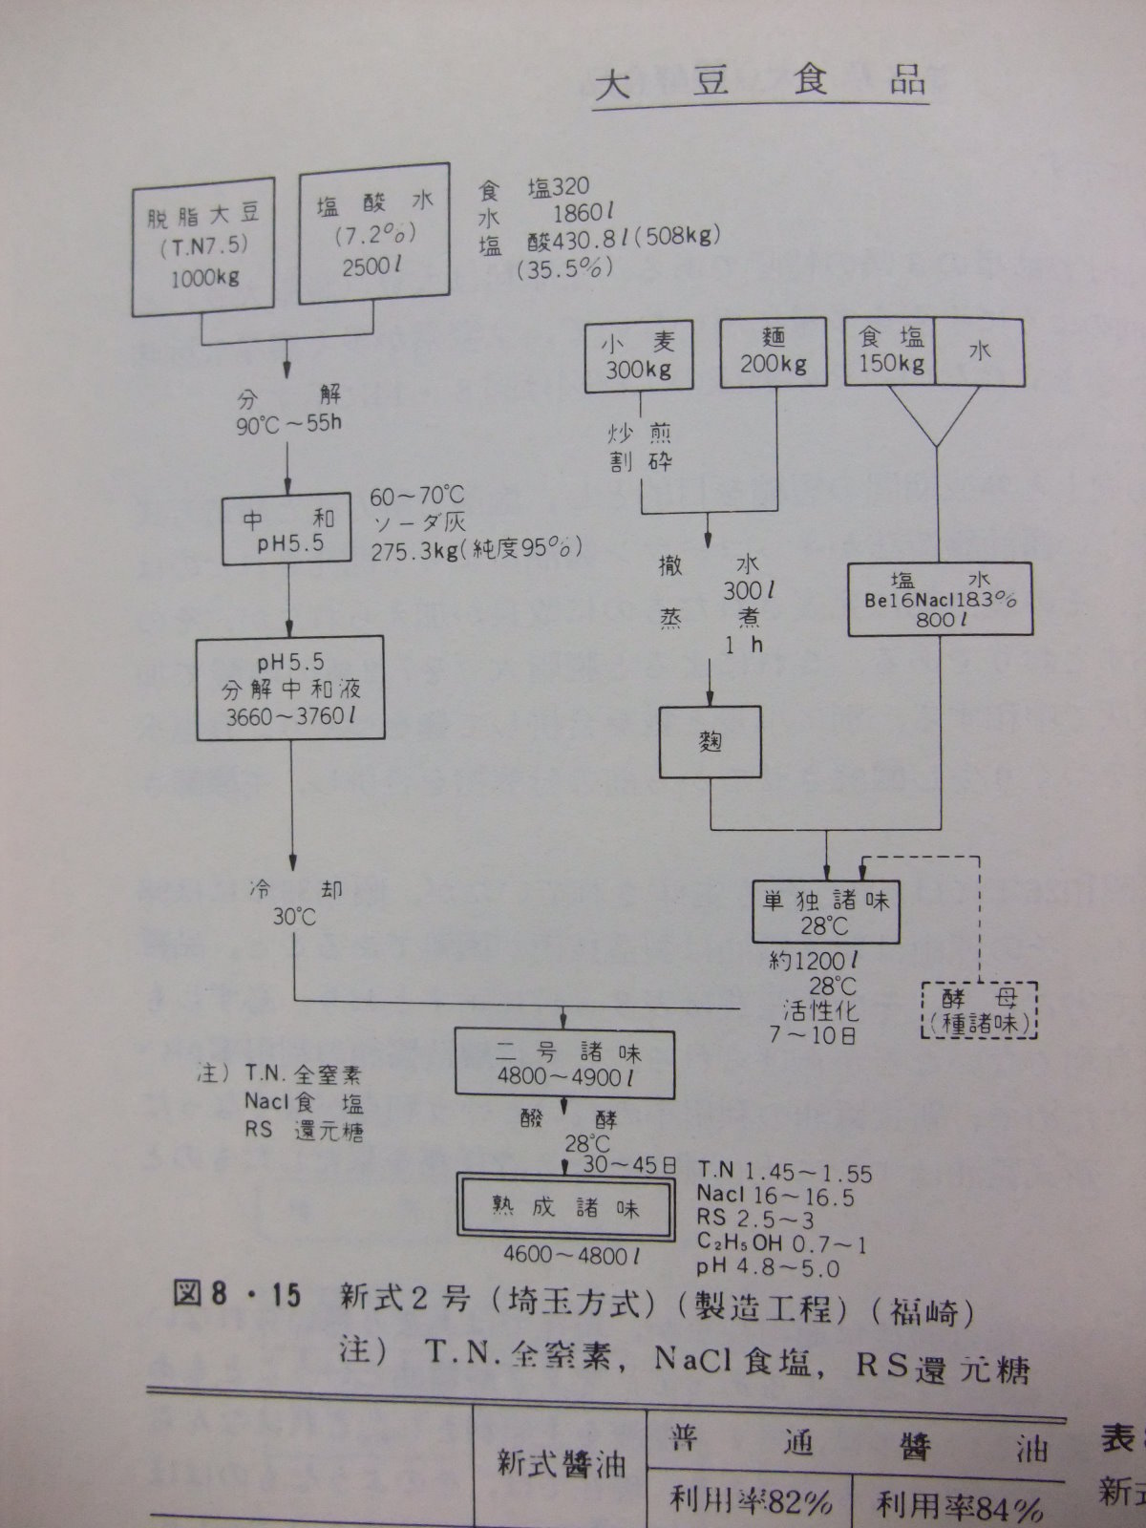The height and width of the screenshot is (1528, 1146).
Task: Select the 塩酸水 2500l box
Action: click(x=374, y=234)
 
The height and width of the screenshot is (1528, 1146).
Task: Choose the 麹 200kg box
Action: click(x=773, y=351)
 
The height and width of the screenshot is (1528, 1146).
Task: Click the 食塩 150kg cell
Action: click(x=890, y=351)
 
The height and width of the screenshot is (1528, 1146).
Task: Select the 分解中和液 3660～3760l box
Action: click(x=291, y=689)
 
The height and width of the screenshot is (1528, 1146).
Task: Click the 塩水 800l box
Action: click(x=940, y=600)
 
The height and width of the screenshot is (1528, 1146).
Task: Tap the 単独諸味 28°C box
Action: click(x=825, y=912)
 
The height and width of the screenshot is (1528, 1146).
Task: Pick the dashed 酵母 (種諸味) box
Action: click(x=979, y=1010)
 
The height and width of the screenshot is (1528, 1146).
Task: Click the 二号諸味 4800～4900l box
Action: click(x=564, y=1061)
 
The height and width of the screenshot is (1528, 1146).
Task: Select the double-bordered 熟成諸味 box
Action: click(x=566, y=1207)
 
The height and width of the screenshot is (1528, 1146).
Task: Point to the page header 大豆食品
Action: click(x=759, y=83)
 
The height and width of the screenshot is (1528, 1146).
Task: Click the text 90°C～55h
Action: click(x=287, y=422)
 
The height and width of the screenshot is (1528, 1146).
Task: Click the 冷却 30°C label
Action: click(x=293, y=902)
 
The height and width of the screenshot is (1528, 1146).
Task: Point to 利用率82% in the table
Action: click(x=751, y=1504)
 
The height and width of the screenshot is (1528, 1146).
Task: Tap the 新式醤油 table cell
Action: click(x=561, y=1464)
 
